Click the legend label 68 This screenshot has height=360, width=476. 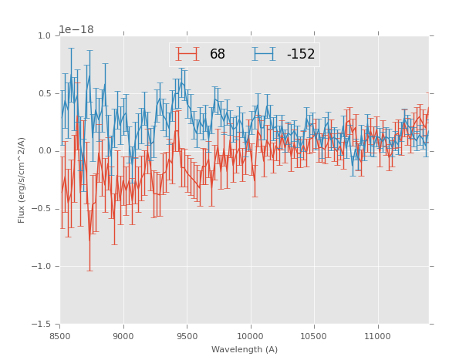coord(218,54)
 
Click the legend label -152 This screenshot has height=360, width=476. coord(301,54)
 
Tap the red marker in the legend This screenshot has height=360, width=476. coord(187,54)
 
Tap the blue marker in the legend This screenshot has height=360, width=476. coord(265,54)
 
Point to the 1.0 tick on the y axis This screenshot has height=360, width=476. coord(43,35)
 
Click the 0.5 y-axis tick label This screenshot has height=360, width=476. coord(43,93)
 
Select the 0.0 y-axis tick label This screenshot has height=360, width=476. coord(43,151)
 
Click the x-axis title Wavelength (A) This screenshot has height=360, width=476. coord(244,349)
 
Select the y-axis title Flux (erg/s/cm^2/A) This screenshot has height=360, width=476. coord(22,180)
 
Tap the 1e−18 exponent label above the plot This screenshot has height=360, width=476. coord(76,30)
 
